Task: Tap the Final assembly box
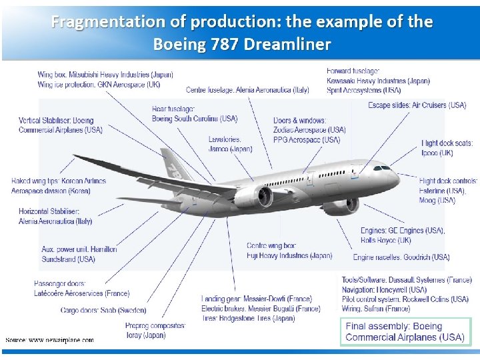[405, 331]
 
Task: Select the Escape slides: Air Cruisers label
[417, 105]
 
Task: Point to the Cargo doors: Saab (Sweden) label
[103, 310]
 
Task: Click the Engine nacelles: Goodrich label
[401, 257]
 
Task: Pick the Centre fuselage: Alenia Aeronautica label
[247, 90]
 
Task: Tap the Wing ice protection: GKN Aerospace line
[99, 85]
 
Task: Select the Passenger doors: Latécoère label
[81, 289]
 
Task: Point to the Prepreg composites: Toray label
[155, 330]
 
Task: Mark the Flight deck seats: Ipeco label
[447, 148]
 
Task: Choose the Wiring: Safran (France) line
[376, 309]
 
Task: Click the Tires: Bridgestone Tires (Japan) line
[248, 319]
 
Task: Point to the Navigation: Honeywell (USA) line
[384, 290]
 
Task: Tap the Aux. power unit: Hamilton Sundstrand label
[79, 254]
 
